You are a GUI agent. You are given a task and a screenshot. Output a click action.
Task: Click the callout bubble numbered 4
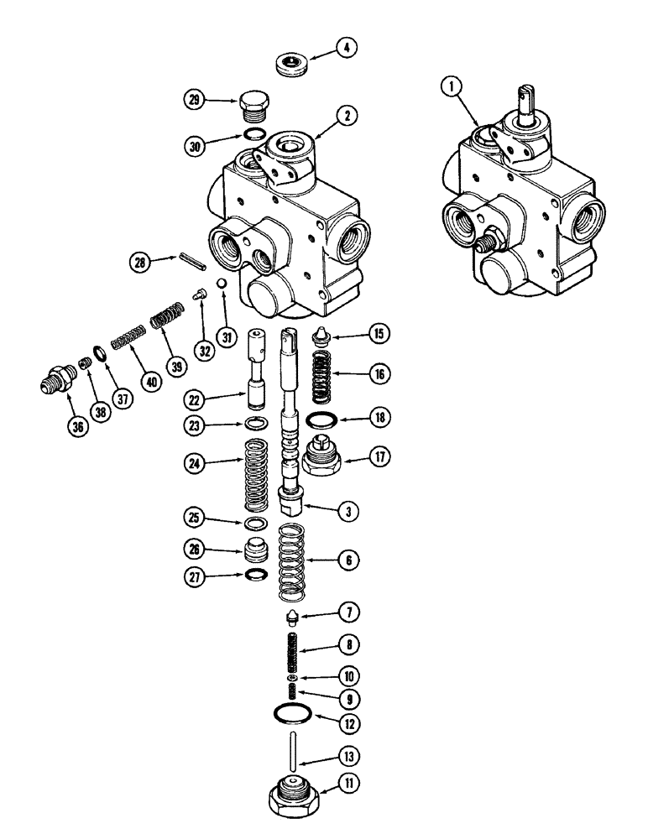(344, 48)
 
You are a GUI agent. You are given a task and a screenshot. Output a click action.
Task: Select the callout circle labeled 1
(452, 86)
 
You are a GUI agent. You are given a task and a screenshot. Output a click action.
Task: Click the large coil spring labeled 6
(290, 563)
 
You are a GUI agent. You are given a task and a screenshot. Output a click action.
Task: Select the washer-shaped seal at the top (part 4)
(291, 65)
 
